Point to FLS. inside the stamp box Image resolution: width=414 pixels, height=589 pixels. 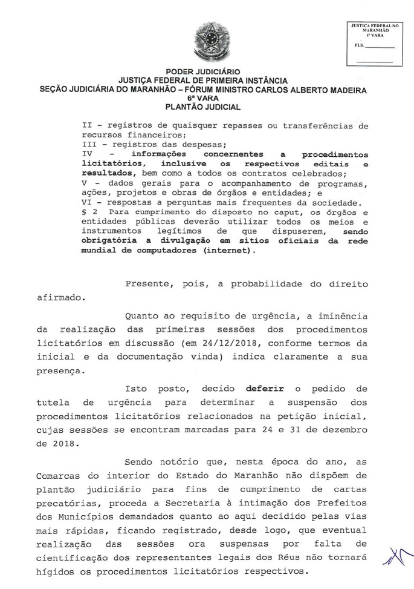tap(360, 46)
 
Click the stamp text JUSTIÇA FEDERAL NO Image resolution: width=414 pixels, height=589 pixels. tap(375, 25)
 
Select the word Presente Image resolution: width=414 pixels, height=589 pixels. tap(150, 284)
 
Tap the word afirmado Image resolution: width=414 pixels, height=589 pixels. tap(60, 297)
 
